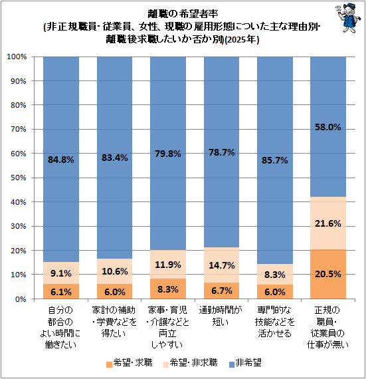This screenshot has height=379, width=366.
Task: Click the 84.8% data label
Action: (61, 160)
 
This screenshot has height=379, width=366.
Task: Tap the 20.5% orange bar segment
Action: (328, 274)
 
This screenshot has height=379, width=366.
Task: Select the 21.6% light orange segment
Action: (328, 223)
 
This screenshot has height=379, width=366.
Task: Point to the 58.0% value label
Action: (328, 127)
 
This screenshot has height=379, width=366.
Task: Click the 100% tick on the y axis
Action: (17, 57)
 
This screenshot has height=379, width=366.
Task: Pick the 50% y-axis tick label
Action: (19, 178)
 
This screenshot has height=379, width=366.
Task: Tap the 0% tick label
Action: (21, 299)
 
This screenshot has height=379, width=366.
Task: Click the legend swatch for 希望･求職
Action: (109, 364)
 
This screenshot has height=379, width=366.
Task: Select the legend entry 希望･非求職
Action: (190, 363)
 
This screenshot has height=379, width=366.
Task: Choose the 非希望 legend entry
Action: (245, 363)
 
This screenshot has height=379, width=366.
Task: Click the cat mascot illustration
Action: (348, 18)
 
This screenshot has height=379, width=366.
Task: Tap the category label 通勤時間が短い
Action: (221, 316)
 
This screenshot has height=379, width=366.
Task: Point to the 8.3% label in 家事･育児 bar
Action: (168, 289)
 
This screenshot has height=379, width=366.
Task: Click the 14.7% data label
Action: (222, 265)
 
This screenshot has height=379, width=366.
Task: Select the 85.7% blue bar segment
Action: (275, 160)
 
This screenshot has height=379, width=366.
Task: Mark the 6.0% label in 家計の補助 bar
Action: (115, 292)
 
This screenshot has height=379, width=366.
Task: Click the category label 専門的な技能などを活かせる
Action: (275, 322)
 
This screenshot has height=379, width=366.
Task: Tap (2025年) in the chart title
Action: (242, 39)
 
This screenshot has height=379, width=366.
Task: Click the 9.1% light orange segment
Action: (61, 273)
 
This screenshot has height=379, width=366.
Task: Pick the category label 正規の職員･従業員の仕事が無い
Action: (327, 328)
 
